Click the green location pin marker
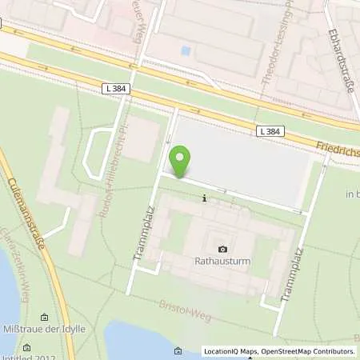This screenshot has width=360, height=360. point(180,162)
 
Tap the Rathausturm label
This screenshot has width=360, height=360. point(222,261)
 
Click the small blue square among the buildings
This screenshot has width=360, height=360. point(186,50)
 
